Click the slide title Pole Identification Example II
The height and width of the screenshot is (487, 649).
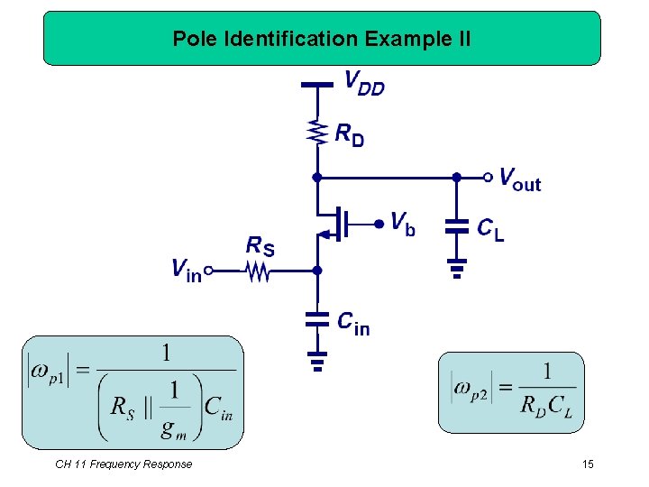point(322,39)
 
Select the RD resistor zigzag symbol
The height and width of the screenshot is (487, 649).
point(315,133)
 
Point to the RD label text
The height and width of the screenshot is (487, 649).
point(350,135)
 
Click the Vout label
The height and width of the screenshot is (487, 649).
point(520,178)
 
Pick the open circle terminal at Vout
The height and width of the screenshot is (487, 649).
point(488,176)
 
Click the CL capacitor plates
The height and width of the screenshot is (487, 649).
point(457,225)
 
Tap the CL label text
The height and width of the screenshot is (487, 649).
point(490,229)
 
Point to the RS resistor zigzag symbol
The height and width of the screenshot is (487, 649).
point(260,270)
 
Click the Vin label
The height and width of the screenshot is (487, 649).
point(187,269)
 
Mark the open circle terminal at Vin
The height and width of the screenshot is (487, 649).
point(208,270)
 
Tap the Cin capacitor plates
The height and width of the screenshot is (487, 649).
point(315,318)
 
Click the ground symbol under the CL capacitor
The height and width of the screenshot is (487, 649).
point(457,268)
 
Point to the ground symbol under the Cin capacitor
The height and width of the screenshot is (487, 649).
point(315,362)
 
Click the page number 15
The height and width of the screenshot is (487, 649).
point(588,464)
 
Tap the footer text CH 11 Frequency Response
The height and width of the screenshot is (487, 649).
point(123,464)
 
